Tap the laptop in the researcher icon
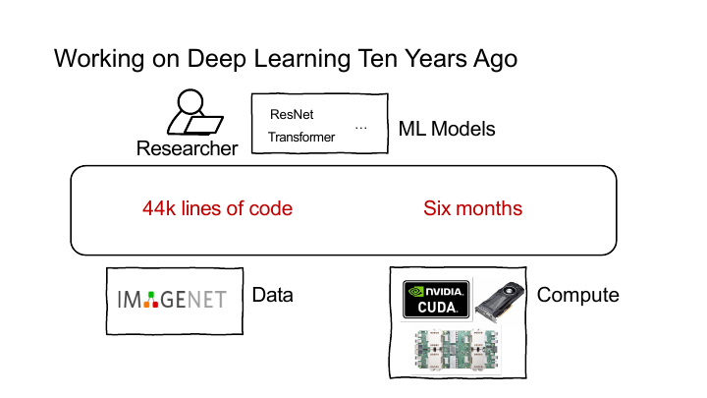tap(204, 125)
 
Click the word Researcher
tap(188, 148)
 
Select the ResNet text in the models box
tap(292, 115)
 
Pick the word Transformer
tap(301, 137)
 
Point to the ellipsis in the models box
tap(360, 129)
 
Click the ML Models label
tap(447, 129)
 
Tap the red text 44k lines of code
tap(217, 208)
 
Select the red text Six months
tap(472, 208)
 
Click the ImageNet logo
tap(172, 300)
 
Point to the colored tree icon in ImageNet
tap(151, 300)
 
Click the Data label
tap(272, 295)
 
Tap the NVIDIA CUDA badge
tap(436, 299)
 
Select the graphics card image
tap(500, 301)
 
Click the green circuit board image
tap(457, 351)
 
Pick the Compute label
tap(578, 295)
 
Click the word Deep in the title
tap(217, 59)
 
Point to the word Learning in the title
tap(301, 59)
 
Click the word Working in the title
tap(99, 59)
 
